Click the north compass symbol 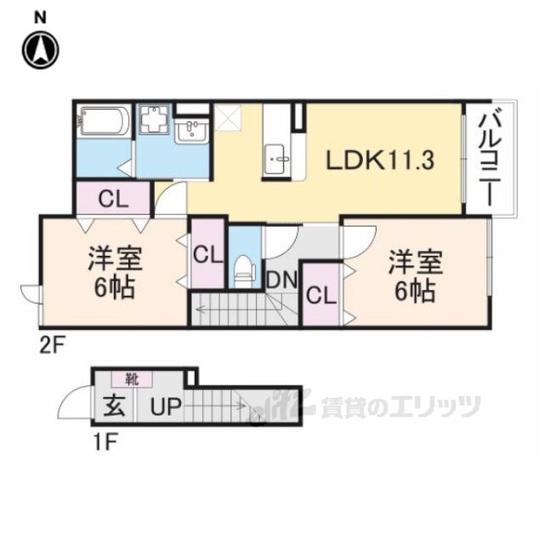[41, 48]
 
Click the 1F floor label [105, 441]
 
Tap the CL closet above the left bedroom [112, 201]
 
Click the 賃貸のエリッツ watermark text [399, 407]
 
